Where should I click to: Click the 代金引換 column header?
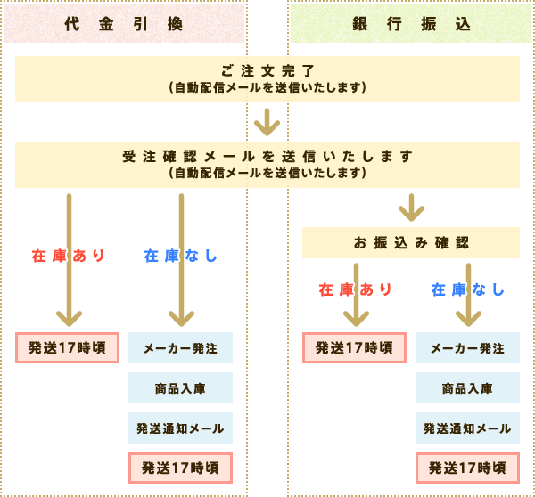(124, 24)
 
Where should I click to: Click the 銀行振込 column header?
(411, 24)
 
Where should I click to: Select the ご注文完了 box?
(267, 78)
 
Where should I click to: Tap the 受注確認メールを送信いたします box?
(267, 164)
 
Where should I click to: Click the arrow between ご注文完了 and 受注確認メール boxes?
(267, 121)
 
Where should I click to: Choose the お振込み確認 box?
(411, 242)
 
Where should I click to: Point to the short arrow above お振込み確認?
(411, 208)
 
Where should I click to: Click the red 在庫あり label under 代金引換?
(69, 256)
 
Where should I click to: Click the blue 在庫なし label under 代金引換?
(181, 256)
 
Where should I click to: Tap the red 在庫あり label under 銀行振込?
(356, 289)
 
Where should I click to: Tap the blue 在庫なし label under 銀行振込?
(468, 289)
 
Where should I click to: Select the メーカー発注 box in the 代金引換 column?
(181, 347)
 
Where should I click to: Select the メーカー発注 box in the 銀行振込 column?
(468, 347)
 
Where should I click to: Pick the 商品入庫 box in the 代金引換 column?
(181, 387)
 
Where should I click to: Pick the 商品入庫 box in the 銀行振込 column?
(468, 387)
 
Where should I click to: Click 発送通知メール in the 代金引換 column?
(181, 428)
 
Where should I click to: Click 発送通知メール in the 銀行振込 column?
(468, 428)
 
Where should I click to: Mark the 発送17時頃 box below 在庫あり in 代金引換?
(69, 347)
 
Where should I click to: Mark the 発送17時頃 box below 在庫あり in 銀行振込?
(356, 347)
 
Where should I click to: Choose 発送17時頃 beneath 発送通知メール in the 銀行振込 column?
(468, 468)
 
